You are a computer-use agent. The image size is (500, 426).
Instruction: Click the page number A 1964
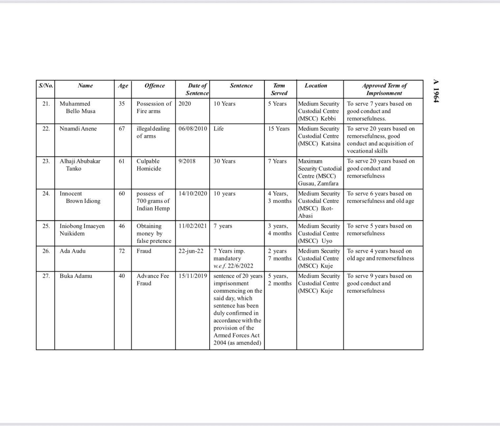pyautogui.click(x=436, y=91)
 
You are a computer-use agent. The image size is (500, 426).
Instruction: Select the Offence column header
pyautogui.click(x=154, y=86)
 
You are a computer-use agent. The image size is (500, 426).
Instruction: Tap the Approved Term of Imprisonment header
pyautogui.click(x=384, y=89)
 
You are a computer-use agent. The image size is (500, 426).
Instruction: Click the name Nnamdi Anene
pyautogui.click(x=78, y=129)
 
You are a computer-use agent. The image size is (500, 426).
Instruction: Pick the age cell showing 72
pyautogui.click(x=122, y=251)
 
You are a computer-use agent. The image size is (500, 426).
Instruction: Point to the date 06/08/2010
pyautogui.click(x=193, y=129)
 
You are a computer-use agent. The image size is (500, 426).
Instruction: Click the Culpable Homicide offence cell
pyautogui.click(x=149, y=165)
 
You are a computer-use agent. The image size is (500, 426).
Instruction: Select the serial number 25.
pyautogui.click(x=46, y=226)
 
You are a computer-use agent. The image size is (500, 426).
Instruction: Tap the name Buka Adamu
pyautogui.click(x=76, y=276)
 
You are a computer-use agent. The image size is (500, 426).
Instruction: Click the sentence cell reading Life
pyautogui.click(x=218, y=129)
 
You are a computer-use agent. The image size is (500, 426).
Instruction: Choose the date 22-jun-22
pyautogui.click(x=191, y=251)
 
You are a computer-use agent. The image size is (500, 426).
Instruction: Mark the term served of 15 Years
pyautogui.click(x=279, y=129)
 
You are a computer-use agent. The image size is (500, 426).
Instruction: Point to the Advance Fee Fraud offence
pyautogui.click(x=153, y=279)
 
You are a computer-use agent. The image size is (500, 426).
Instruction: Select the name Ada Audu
pyautogui.click(x=72, y=251)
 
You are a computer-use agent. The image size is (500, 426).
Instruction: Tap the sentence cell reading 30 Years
pyautogui.click(x=224, y=161)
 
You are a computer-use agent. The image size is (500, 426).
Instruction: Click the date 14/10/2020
pyautogui.click(x=193, y=194)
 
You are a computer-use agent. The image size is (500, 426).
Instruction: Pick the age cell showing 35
pyautogui.click(x=122, y=104)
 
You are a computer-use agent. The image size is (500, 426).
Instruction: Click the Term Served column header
pyautogui.click(x=279, y=89)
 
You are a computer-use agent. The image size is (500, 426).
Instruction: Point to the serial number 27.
pyautogui.click(x=46, y=276)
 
